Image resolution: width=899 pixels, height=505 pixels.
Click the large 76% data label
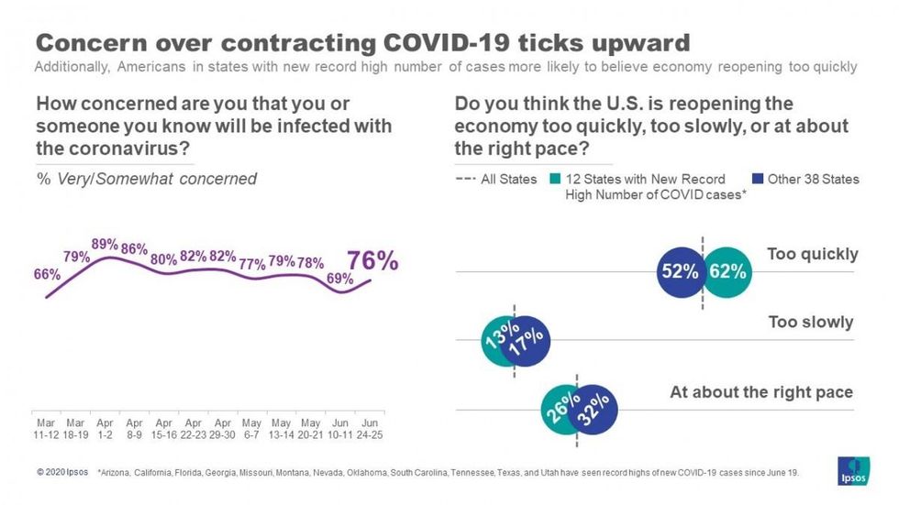[372, 260]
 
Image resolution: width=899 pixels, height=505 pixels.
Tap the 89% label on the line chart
[104, 244]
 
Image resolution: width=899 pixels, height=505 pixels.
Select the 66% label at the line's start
[46, 274]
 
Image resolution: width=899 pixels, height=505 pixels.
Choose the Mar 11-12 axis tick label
[46, 429]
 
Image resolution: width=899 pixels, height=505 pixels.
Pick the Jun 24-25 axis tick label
[369, 429]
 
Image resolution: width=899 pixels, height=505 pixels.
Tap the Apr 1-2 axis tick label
[105, 429]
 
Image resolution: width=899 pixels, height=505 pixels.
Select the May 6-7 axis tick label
[251, 429]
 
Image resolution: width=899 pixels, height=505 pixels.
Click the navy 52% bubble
[680, 271]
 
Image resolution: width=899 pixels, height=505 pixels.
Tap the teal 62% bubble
[729, 271]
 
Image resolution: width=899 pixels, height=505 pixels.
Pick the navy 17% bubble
[527, 342]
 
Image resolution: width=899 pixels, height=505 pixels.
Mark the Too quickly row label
[812, 254]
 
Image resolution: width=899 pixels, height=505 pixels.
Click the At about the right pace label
[760, 392]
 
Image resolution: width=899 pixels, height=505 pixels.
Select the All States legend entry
[496, 179]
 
